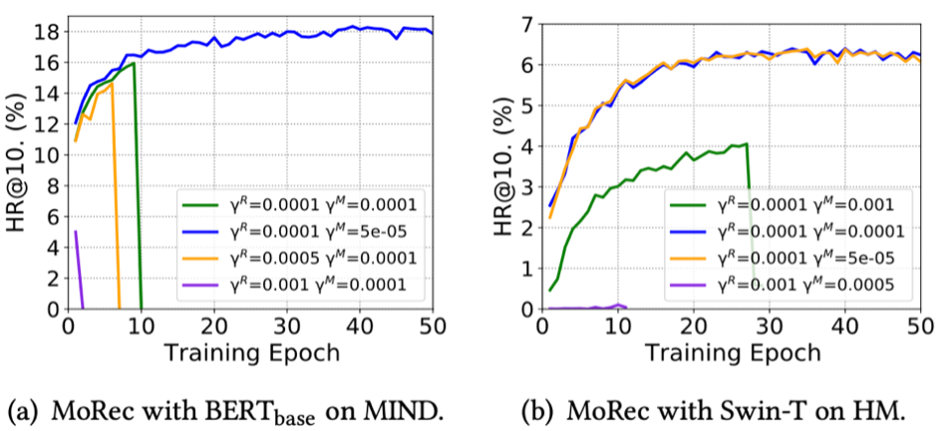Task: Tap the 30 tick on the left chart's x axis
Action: [287, 325]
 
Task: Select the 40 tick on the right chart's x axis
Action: [845, 325]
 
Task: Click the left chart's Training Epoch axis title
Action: [250, 351]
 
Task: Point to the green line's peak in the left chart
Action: [133, 92]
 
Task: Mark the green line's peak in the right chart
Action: [745, 144]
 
